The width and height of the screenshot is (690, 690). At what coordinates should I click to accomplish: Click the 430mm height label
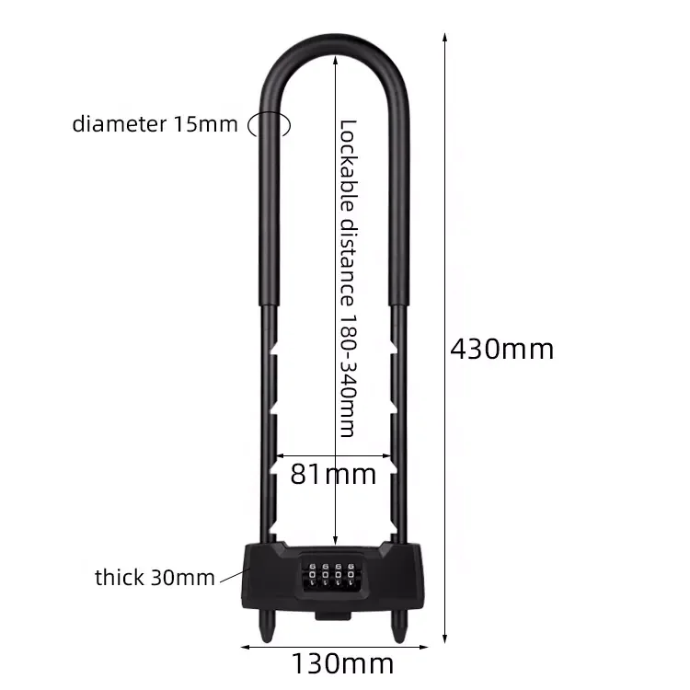coord(501,349)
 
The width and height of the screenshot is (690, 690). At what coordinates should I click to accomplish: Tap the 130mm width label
coord(342,662)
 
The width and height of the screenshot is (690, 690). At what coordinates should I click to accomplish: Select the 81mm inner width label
coord(333,474)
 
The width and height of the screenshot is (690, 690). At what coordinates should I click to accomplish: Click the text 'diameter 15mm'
coord(155,124)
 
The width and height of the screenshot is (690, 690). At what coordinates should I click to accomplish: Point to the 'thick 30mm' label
coord(154,578)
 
